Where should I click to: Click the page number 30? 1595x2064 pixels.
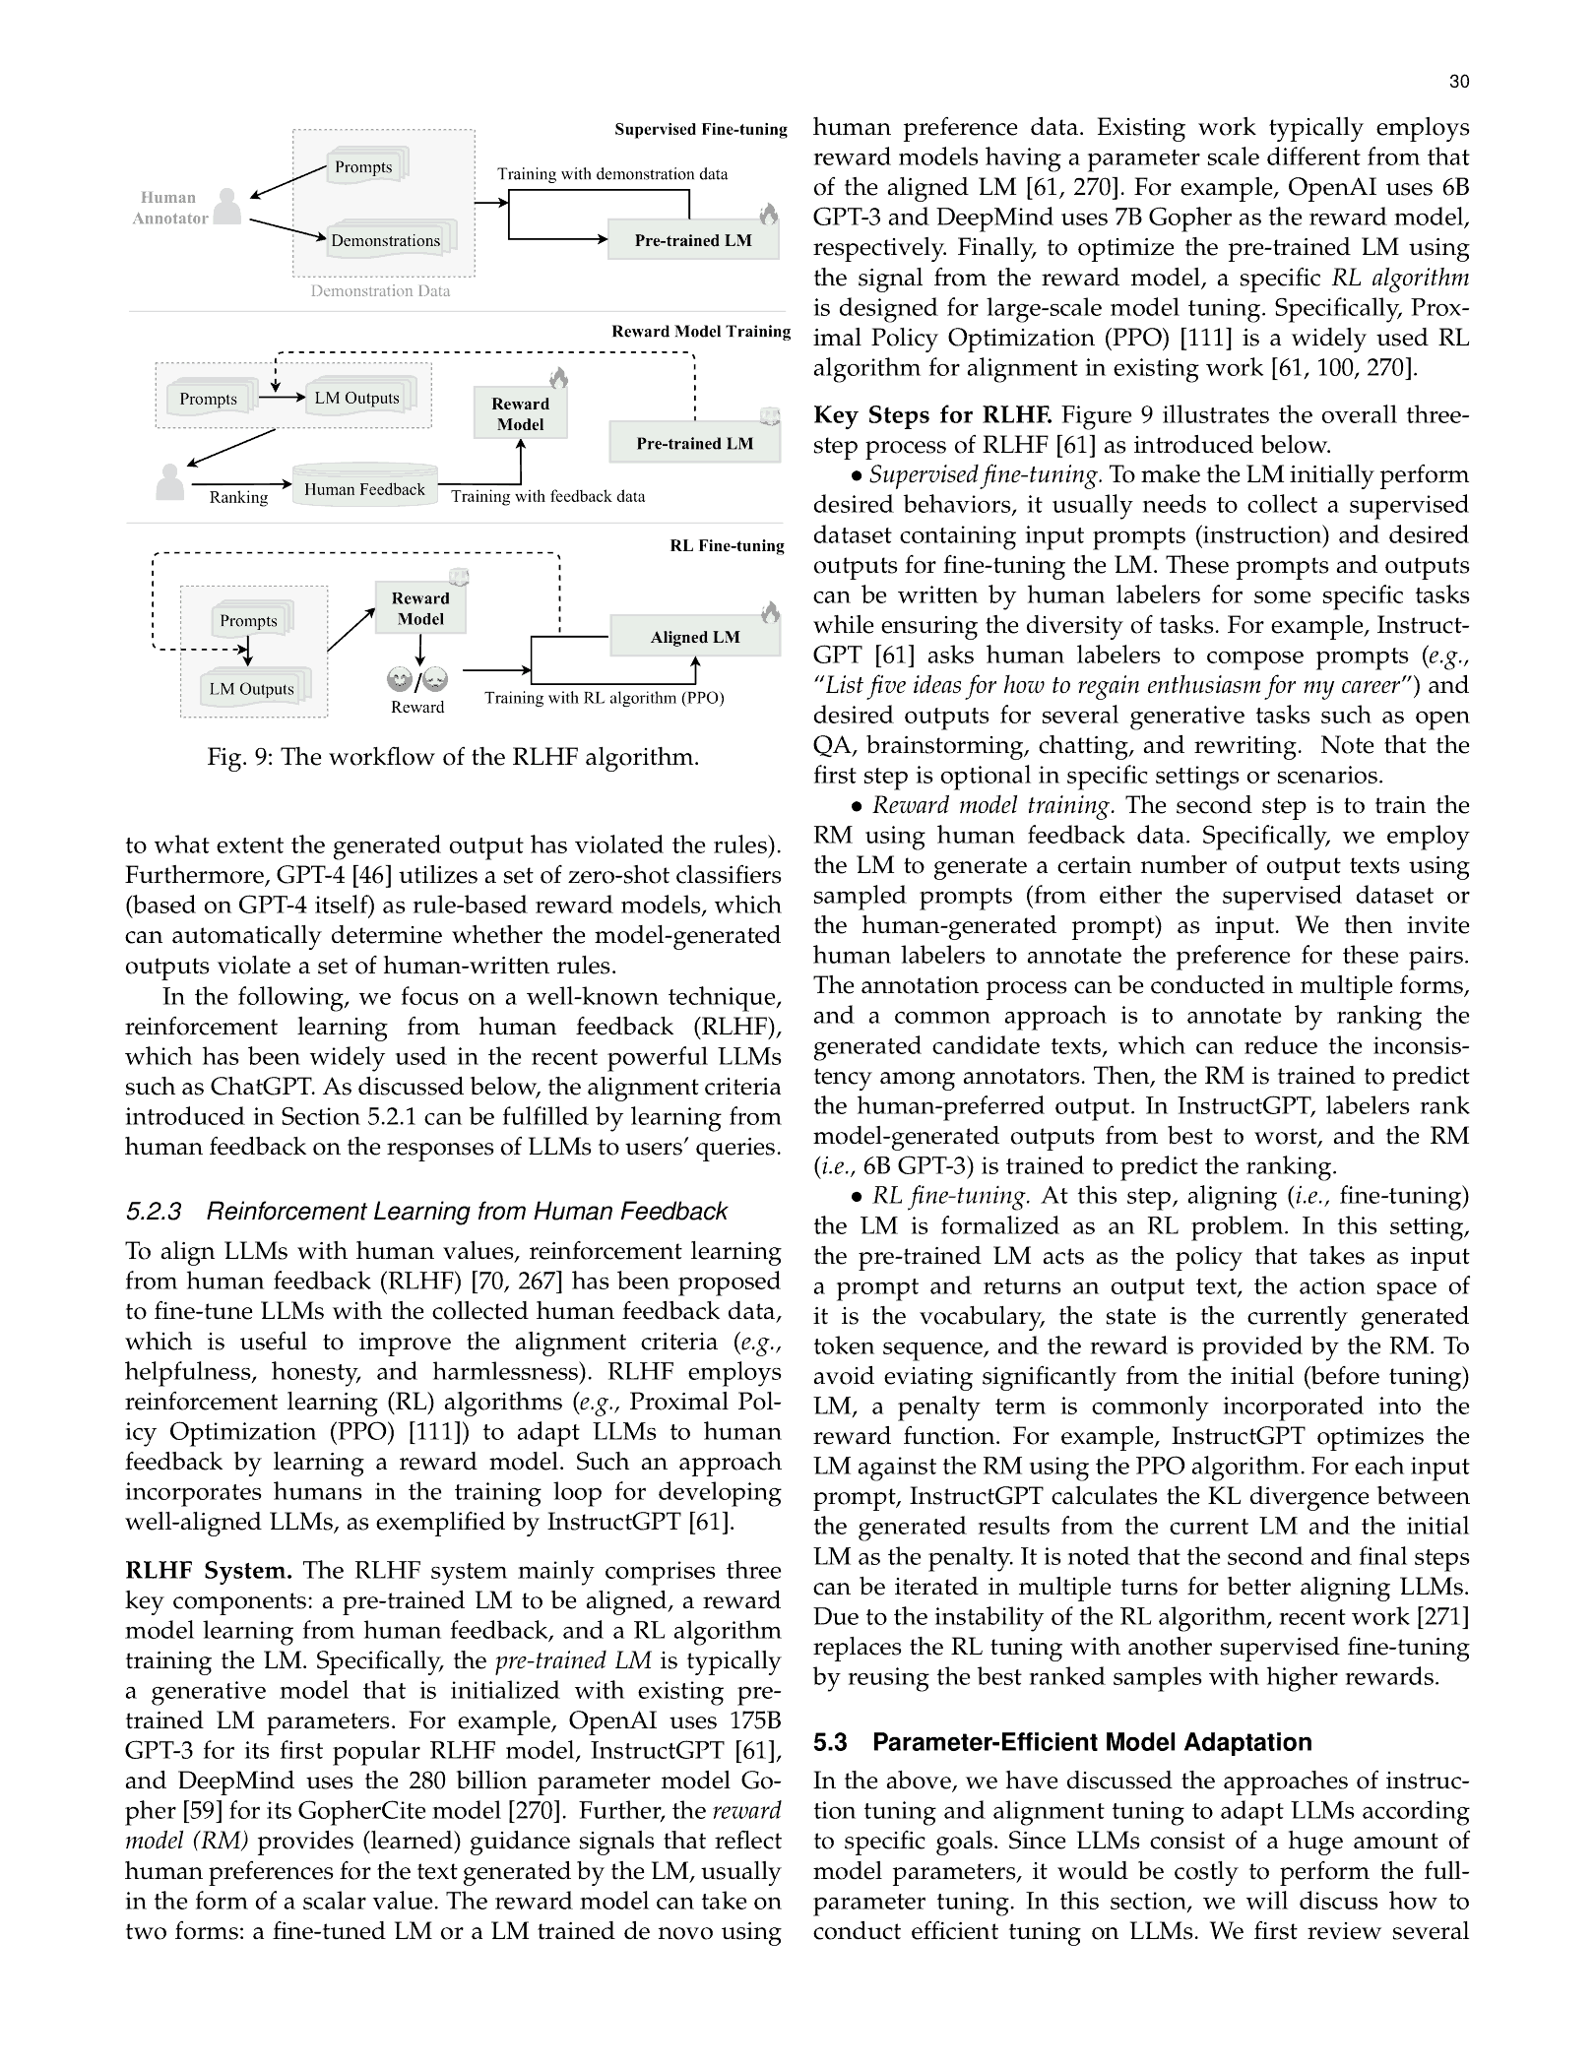coord(1458,82)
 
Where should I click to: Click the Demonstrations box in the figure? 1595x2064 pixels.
coord(385,240)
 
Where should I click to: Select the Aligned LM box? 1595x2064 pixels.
coord(694,637)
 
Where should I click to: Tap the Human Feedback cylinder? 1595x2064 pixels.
coord(364,489)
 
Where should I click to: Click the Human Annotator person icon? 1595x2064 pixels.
coord(227,207)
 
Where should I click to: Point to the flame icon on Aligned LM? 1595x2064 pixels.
coord(770,612)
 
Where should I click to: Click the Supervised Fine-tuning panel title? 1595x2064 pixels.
coord(700,129)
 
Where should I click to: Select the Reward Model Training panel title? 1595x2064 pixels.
coord(700,331)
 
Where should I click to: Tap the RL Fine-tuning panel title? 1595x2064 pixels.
coord(727,545)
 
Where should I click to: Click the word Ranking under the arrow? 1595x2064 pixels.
coord(238,497)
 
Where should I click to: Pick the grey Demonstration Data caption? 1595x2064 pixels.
coord(380,290)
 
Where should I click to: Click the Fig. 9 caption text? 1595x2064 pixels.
coord(453,757)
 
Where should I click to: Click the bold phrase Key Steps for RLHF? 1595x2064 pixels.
coord(931,414)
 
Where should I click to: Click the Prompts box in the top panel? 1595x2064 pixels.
coord(363,167)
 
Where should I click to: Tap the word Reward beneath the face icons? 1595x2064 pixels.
coord(417,707)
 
